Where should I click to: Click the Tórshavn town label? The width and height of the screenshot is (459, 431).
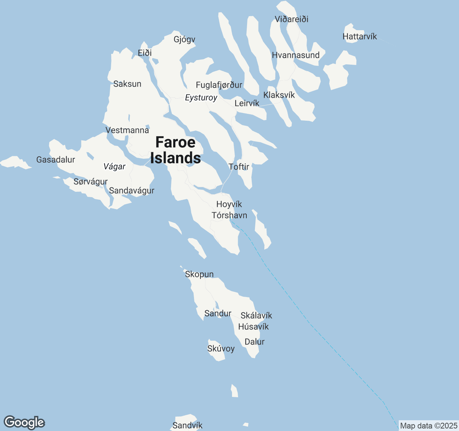tap(229, 215)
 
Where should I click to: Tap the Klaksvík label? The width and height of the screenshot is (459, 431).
tap(279, 95)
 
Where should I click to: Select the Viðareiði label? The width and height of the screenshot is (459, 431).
tap(292, 19)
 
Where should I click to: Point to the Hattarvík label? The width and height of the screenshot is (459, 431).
tap(360, 37)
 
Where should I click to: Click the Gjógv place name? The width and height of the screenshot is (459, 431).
tap(184, 40)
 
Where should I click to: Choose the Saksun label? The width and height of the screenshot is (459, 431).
tap(127, 84)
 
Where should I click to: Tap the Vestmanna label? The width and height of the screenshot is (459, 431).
tap(127, 130)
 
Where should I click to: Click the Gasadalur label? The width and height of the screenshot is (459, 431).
tap(56, 160)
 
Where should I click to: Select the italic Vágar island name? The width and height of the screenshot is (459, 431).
tap(114, 167)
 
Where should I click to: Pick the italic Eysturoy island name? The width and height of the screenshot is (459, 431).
tap(201, 98)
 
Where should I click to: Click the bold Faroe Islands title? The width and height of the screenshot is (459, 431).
tap(175, 150)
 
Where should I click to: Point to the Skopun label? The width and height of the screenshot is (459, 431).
tap(199, 274)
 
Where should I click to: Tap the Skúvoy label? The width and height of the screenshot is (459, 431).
tap(221, 349)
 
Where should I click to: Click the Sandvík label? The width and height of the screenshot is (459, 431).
tap(187, 426)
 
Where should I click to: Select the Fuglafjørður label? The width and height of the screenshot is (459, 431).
tap(219, 85)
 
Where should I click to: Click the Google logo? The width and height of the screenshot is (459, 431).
tap(24, 423)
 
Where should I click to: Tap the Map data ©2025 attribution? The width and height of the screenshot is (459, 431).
tap(429, 426)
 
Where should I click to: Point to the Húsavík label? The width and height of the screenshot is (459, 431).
tap(254, 327)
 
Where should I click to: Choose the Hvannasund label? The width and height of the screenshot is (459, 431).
tap(296, 55)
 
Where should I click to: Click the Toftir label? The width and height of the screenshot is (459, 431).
tap(239, 167)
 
